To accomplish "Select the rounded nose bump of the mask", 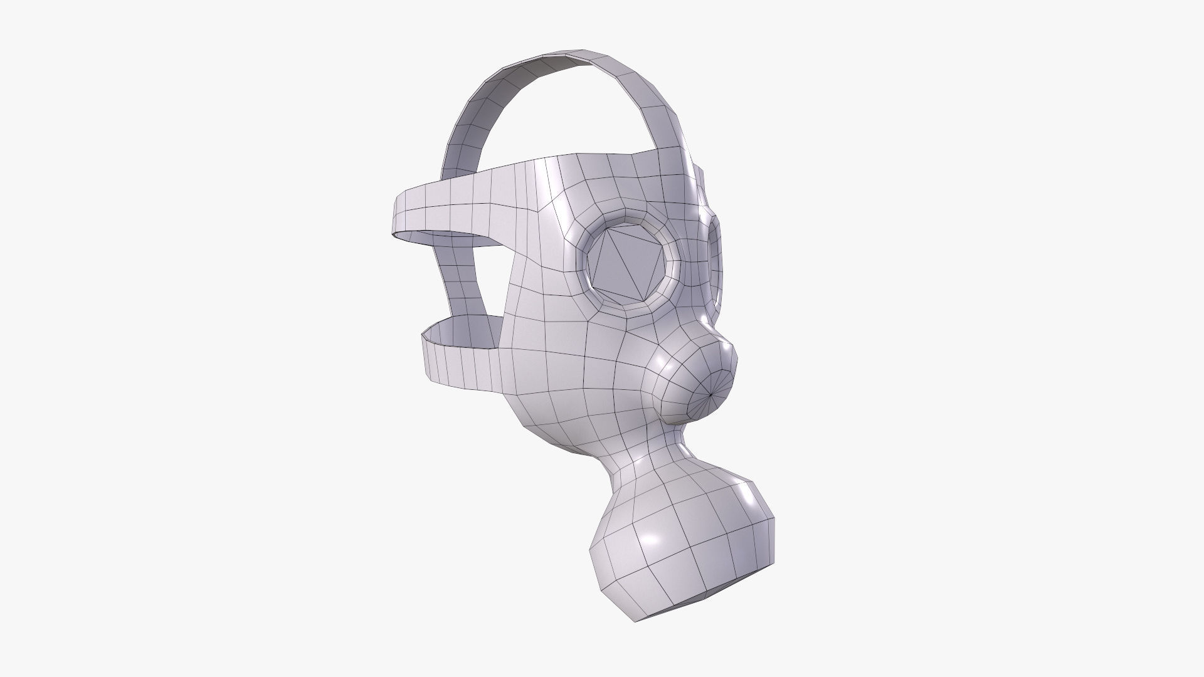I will (x=696, y=382).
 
